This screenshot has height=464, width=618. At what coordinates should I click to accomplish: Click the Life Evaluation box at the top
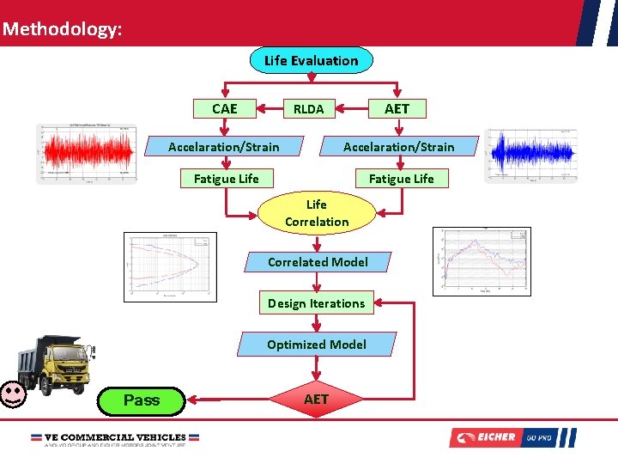pos(311,60)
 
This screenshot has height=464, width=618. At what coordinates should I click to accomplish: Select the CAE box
pos(224,108)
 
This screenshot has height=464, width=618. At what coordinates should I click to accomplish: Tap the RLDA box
pos(309,108)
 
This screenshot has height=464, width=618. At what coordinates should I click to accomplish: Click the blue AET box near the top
pos(397,108)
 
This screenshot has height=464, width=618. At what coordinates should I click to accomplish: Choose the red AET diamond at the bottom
pos(316,400)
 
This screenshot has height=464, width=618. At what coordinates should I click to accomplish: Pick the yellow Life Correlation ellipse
pos(316,213)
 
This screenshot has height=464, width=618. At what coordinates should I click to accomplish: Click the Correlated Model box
pos(318,262)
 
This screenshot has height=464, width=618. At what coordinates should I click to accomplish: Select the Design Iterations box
pos(316,303)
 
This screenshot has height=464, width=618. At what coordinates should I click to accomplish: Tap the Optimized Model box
pos(317,345)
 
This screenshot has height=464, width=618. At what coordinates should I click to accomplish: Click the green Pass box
pos(142,400)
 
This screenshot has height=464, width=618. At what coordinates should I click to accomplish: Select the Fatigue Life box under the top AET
pos(401,179)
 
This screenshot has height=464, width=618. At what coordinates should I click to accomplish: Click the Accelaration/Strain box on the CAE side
pos(223,147)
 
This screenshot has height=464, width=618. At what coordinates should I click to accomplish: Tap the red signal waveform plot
pos(87,153)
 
